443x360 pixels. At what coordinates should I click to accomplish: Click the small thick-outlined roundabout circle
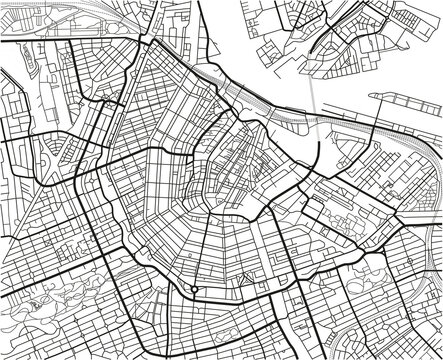coord(193,290)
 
